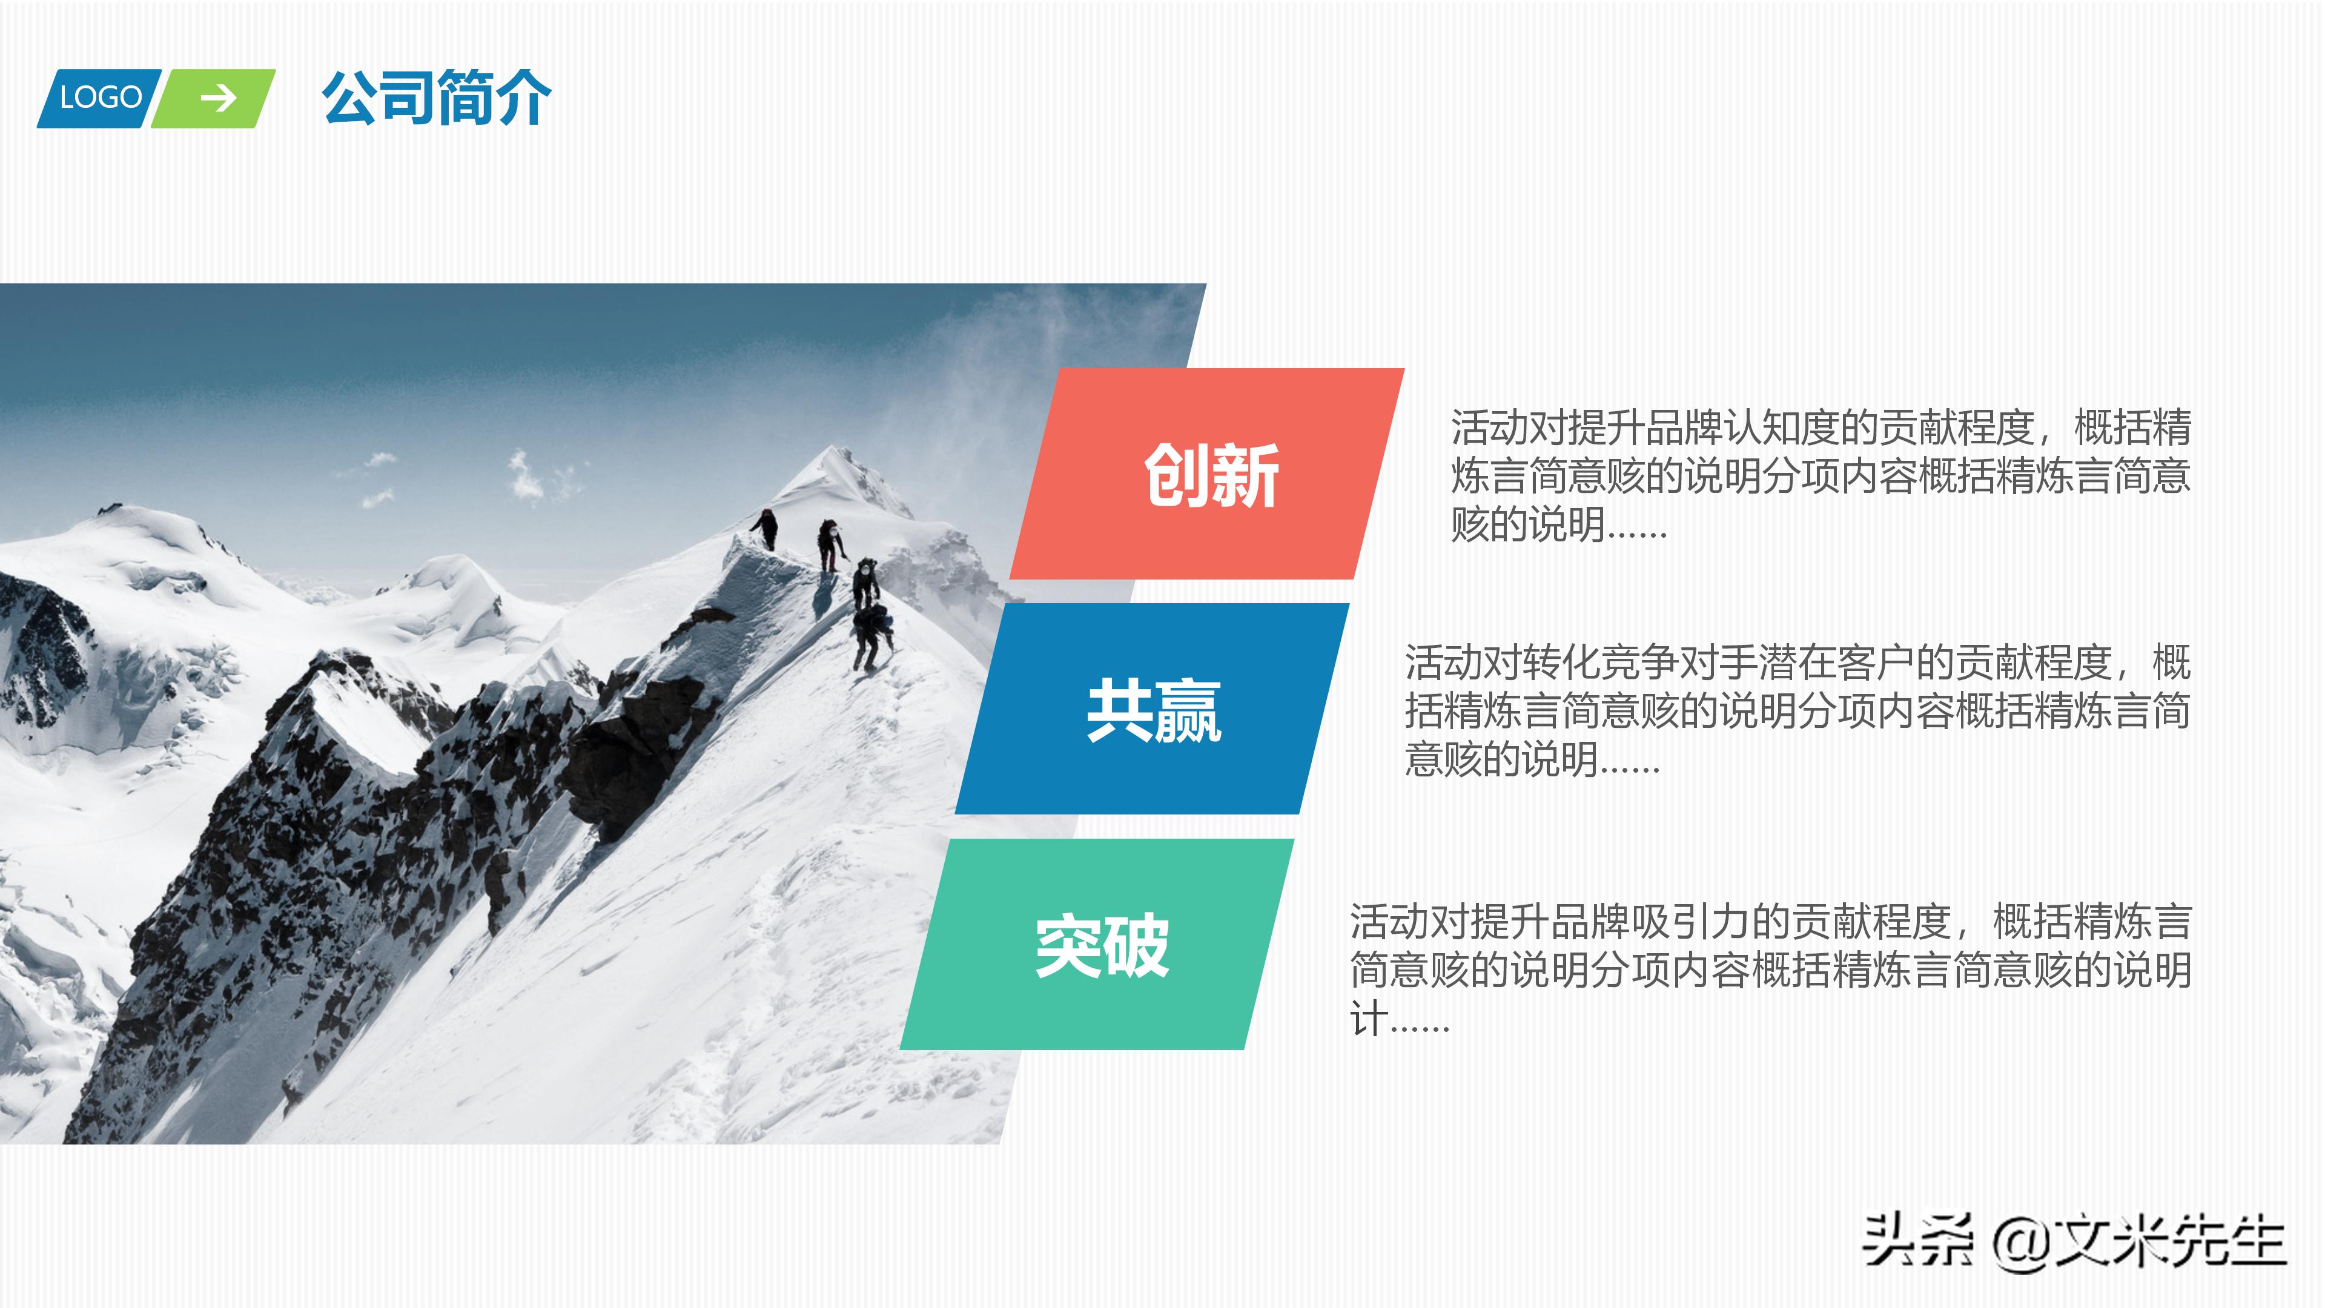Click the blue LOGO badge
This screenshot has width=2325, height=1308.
pos(99,97)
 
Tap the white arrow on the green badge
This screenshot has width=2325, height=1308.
pos(217,97)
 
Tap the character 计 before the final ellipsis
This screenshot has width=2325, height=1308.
pos(1368,1019)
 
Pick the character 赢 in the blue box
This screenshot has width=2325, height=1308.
pos(1187,710)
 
